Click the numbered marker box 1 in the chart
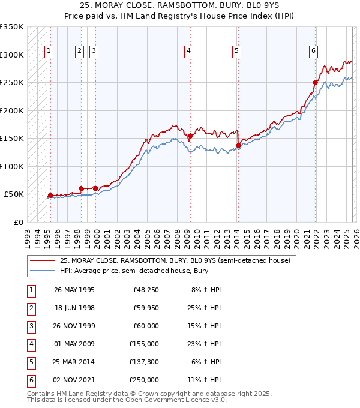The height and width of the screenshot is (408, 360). click(x=49, y=52)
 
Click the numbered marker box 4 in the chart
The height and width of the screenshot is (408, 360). click(x=188, y=52)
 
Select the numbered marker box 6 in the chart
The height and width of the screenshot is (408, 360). click(x=313, y=52)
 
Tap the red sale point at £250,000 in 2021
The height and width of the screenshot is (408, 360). click(x=315, y=82)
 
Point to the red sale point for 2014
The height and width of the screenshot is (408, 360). click(x=239, y=145)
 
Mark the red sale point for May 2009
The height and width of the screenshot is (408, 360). click(x=190, y=136)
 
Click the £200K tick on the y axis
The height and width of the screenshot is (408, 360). click(x=12, y=110)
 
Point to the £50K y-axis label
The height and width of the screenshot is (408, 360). click(x=14, y=194)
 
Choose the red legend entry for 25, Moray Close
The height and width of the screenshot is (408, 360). click(x=174, y=260)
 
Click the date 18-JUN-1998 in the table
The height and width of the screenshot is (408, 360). click(x=74, y=308)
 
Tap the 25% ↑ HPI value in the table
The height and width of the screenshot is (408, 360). click(x=205, y=308)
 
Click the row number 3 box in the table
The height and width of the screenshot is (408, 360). click(x=30, y=326)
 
